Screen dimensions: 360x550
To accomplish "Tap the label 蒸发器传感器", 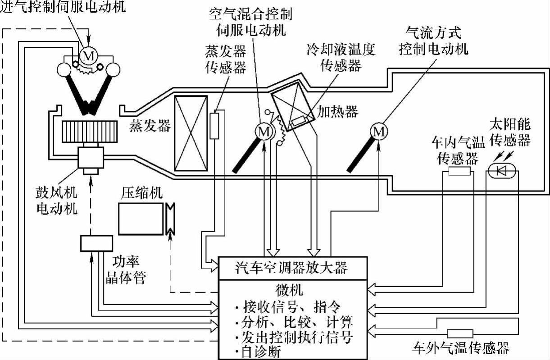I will pos(225,61).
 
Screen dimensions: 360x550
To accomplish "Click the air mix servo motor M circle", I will pos(264,132).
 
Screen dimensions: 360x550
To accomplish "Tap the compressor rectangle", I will pos(141,219).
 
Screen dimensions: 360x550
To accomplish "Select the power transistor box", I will pos(96,243).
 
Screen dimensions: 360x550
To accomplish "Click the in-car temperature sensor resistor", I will pos(459,171).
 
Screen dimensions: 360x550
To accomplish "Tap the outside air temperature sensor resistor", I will pos(459,334).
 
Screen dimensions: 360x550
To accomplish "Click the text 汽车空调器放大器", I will pos(292,269).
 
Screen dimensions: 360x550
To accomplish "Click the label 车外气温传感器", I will pos(461,348).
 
